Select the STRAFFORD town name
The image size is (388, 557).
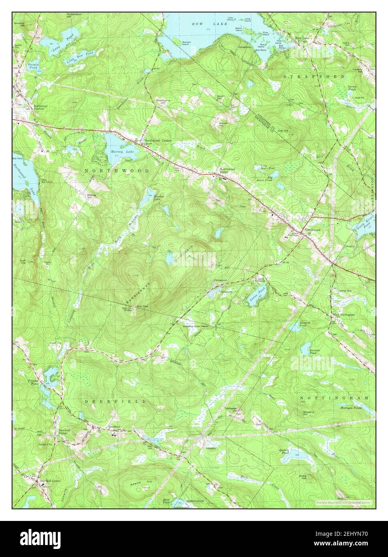click(314, 76)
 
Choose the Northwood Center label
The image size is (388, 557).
click(158, 141)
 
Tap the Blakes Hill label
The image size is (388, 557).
click(93, 197)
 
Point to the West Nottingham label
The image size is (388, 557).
click(344, 315)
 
